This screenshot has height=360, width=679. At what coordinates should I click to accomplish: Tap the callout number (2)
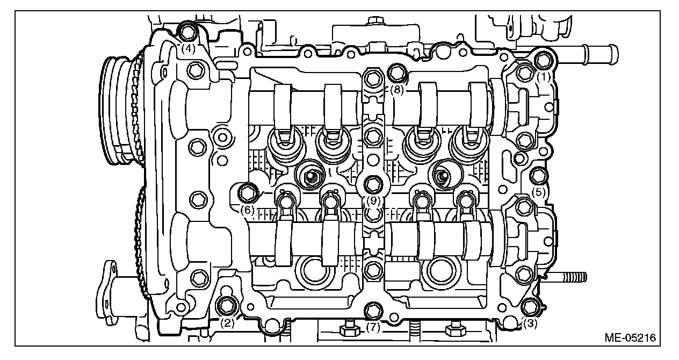[x=228, y=323]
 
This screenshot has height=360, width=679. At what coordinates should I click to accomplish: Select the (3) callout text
[x=530, y=324]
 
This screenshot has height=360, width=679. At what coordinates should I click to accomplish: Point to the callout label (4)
[x=187, y=48]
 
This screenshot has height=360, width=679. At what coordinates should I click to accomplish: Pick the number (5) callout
[x=539, y=191]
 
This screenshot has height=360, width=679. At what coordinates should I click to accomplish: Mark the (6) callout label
[x=247, y=210]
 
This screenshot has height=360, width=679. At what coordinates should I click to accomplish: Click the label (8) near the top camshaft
[x=396, y=90]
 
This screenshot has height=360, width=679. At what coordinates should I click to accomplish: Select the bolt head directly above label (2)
[x=226, y=305]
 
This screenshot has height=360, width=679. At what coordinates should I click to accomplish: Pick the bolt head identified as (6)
[x=248, y=191]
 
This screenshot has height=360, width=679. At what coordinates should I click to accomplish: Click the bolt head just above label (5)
[x=538, y=175]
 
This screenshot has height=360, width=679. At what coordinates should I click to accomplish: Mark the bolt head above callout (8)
[x=397, y=71]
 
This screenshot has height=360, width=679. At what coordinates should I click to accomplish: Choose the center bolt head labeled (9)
[x=372, y=184]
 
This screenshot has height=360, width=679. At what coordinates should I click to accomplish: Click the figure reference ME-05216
[x=632, y=338]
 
